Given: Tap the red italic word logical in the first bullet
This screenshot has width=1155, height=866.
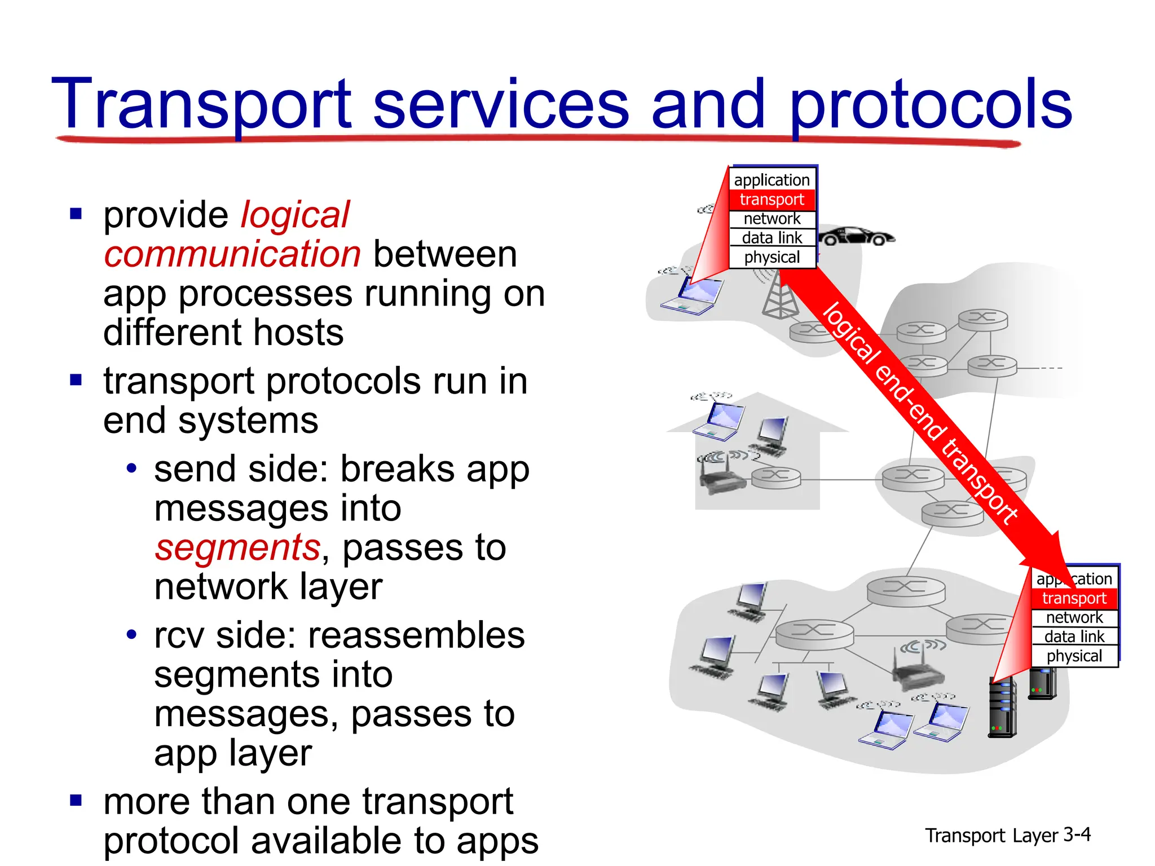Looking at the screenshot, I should pos(295,215).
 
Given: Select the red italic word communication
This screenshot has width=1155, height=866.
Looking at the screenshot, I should pos(232,254).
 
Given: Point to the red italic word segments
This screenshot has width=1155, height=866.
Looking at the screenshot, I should pos(237,547).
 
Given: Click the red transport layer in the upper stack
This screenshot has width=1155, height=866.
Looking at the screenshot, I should pos(772,200).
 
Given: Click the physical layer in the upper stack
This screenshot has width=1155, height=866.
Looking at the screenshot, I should pos(772,258).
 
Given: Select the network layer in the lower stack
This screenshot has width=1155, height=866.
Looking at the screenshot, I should pos(1074,617).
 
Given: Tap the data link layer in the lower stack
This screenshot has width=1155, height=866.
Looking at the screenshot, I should pos(1074,637).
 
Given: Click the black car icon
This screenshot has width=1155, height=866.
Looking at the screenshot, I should pos(856,236).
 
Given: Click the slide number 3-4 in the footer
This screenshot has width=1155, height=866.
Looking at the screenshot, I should pos(1077,834).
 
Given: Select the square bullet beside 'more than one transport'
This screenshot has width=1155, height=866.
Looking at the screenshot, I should pos(76,800).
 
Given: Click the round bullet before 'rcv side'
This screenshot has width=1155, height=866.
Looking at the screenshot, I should pos(131,635).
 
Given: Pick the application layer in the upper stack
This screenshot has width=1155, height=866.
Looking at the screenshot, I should pos(772,180).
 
